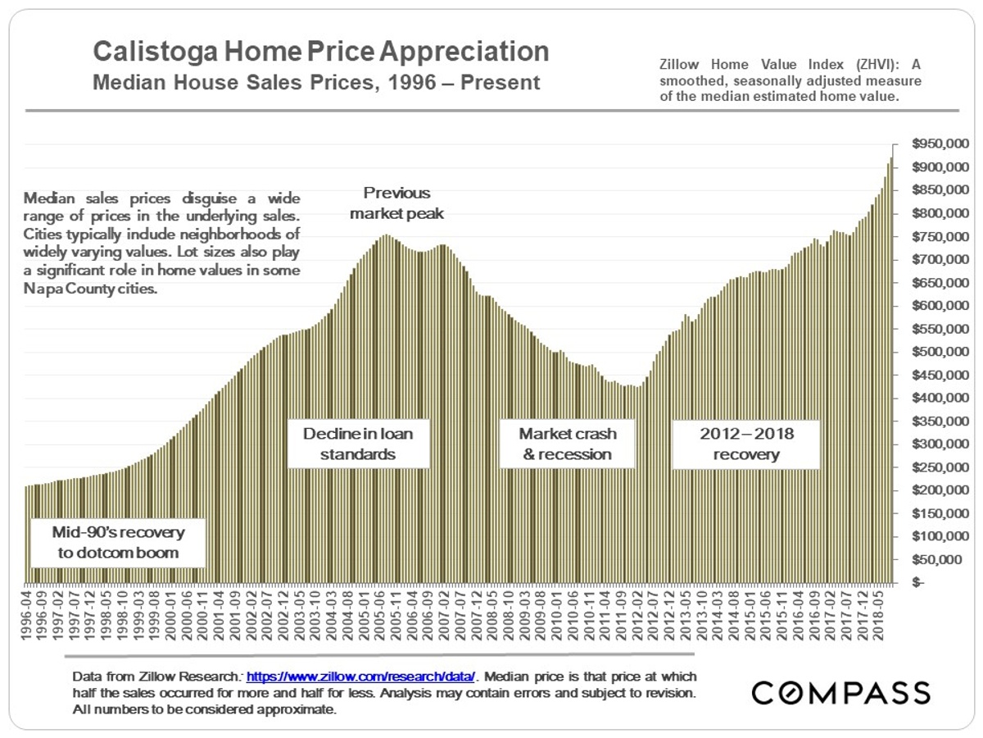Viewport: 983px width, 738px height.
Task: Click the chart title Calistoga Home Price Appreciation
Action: pyautogui.click(x=320, y=52)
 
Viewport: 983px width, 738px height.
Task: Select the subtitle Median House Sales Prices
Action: pyautogui.click(x=316, y=83)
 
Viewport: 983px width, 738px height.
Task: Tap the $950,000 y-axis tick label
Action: pyautogui.click(x=936, y=144)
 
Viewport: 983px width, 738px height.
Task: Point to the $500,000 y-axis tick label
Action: pyautogui.click(x=936, y=352)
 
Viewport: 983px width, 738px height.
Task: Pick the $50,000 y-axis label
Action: pyautogui.click(x=940, y=560)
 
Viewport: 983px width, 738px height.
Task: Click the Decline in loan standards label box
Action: pyautogui.click(x=358, y=444)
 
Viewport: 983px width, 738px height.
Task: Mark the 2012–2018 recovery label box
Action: pyautogui.click(x=745, y=444)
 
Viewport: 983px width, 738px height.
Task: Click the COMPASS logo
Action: pyautogui.click(x=841, y=693)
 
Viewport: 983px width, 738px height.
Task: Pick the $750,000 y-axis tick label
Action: pyautogui.click(x=936, y=237)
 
